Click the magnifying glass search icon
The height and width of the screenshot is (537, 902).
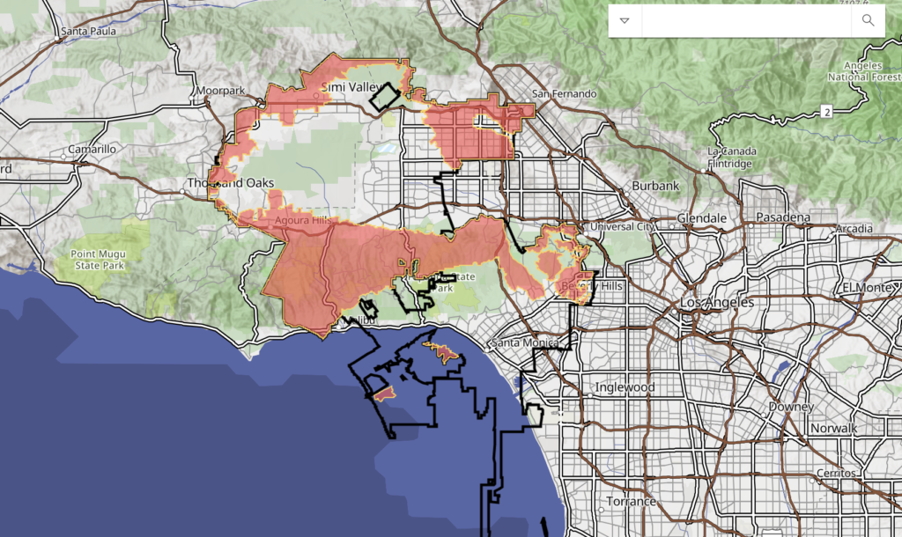[x=868, y=20]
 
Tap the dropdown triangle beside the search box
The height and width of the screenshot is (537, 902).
[x=625, y=20]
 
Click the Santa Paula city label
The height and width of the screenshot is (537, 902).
[x=87, y=32]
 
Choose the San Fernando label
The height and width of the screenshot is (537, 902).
[x=564, y=94]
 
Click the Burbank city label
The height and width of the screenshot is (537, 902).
[x=655, y=187]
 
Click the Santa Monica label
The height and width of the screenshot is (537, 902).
[x=526, y=342]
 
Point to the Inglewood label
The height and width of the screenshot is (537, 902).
[x=625, y=386]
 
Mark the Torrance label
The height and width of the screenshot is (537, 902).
[x=630, y=501]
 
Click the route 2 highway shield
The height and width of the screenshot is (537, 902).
[x=826, y=111]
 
